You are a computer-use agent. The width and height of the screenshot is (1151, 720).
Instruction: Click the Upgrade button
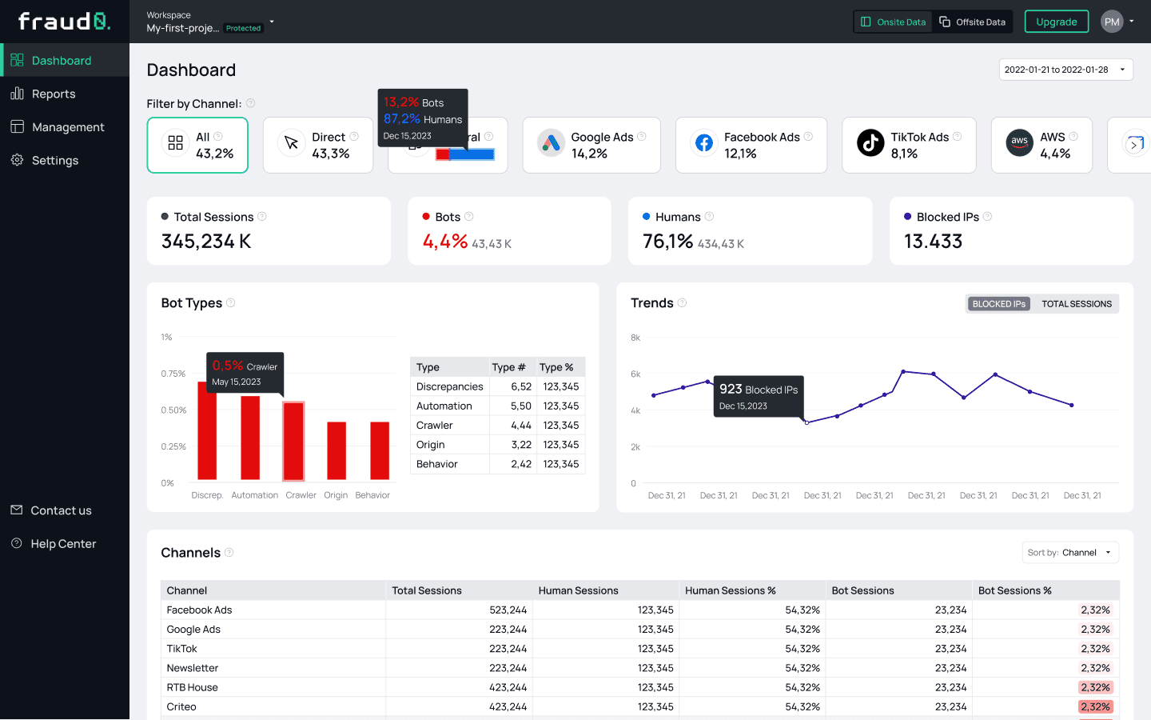point(1056,22)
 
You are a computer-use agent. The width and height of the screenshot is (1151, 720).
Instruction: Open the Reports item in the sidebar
point(54,94)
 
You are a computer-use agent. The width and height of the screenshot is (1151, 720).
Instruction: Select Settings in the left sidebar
point(54,160)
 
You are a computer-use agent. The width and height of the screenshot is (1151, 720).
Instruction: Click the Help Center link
point(63,544)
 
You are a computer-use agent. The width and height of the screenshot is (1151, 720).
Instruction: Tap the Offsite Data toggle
point(973,22)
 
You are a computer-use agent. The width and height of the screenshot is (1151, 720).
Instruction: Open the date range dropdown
point(1065,70)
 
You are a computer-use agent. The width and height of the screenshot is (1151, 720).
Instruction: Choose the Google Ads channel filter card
point(591,145)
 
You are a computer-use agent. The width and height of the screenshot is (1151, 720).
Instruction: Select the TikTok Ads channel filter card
point(908,145)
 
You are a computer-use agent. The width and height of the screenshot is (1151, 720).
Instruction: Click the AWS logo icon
point(1019,142)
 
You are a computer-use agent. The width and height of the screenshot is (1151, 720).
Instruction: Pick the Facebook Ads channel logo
point(703,142)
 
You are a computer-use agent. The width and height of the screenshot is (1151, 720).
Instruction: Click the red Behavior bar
point(380,450)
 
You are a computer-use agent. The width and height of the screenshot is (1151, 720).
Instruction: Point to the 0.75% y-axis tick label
point(173,374)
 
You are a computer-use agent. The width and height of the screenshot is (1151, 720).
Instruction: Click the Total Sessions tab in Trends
point(1076,304)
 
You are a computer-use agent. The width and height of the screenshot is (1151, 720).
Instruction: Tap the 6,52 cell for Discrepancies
point(521,386)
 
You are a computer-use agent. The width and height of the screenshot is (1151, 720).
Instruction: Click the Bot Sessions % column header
point(1014,590)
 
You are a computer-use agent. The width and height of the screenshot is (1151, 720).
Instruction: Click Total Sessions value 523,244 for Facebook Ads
point(508,610)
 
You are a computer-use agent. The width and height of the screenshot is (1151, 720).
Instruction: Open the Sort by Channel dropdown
point(1069,553)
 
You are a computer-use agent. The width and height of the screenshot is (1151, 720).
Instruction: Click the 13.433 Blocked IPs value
point(933,242)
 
